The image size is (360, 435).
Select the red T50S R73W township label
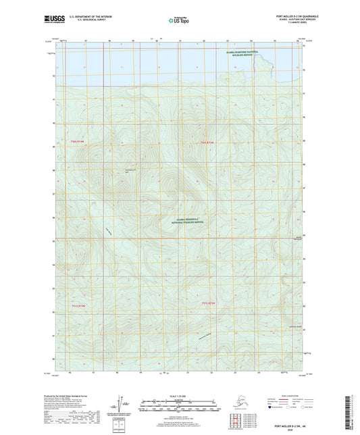[x=210, y=143]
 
